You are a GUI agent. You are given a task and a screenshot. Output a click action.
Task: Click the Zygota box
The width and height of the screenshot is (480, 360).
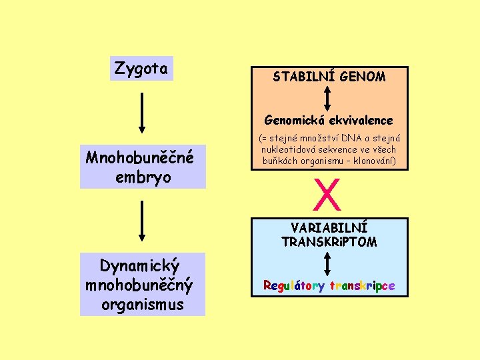click(x=141, y=68)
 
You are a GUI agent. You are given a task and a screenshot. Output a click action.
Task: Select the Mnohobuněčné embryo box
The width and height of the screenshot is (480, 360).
click(x=143, y=167)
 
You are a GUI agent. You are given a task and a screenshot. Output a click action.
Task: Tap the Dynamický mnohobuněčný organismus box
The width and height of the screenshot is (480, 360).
click(x=143, y=285)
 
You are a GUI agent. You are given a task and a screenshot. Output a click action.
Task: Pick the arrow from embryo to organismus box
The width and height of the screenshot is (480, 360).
click(x=141, y=219)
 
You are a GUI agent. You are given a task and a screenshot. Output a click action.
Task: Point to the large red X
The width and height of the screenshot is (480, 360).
click(x=327, y=193)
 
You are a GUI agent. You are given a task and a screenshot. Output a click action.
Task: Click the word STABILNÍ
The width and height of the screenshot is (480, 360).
click(x=304, y=77)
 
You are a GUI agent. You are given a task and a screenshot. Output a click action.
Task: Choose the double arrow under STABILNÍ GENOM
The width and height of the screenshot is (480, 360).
click(x=327, y=99)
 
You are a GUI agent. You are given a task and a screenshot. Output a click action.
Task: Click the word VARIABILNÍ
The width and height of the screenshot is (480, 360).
click(x=329, y=228)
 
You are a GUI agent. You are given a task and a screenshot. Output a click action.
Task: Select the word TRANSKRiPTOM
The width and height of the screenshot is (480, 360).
click(x=329, y=241)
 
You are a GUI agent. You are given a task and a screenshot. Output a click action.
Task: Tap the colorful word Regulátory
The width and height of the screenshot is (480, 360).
click(x=294, y=286)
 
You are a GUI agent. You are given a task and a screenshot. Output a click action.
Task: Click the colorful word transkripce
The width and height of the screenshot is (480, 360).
click(x=361, y=286)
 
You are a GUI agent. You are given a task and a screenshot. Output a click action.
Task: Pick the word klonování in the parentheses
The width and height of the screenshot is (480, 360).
click(x=372, y=161)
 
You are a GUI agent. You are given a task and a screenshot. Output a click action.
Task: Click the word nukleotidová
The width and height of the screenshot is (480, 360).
click(x=281, y=149)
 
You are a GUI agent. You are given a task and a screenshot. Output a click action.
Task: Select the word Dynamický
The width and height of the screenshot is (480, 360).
click(x=139, y=267)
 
